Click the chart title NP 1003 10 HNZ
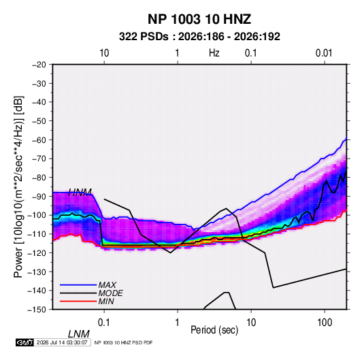199,19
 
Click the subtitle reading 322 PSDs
144,37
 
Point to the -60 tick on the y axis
39,140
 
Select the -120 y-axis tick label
37,252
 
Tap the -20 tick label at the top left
39,65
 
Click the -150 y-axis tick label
37,310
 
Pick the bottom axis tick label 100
325,322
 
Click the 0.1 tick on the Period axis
104,322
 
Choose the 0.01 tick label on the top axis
324,53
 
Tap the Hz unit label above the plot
214,53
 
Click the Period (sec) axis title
214,330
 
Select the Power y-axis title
18,186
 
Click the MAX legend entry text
107,284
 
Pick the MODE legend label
110,293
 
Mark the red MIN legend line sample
78,301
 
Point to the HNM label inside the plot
80,193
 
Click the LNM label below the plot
79,334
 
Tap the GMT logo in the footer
25,342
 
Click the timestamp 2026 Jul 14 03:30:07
62,342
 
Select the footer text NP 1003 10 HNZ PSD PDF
123,342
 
